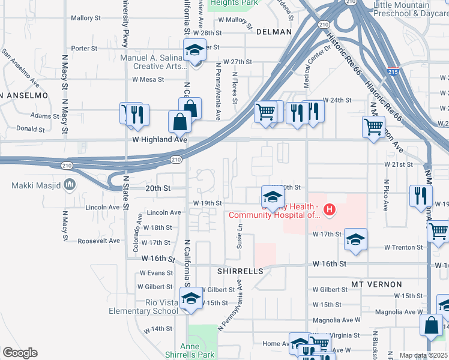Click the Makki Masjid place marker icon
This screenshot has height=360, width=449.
70,184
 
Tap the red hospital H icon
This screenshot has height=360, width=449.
329,209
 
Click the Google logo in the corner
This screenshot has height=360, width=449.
20,353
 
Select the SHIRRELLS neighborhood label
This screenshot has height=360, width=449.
240,271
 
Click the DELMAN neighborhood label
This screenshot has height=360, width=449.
274,32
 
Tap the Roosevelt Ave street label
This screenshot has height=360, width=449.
99,240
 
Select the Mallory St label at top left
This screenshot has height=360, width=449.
84,18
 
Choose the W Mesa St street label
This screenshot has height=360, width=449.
148,79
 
